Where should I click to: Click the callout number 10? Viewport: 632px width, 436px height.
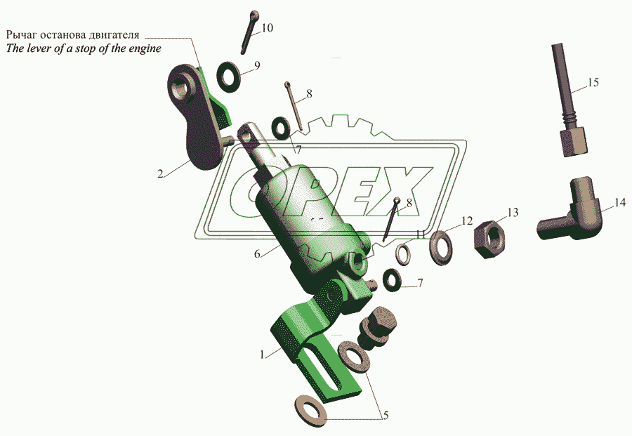(268, 28)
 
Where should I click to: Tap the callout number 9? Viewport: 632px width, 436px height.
(257, 65)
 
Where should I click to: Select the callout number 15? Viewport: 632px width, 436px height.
(593, 83)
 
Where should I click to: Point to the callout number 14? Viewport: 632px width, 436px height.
(619, 203)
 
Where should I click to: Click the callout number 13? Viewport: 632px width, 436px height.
(513, 212)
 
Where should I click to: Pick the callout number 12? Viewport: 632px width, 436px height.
(468, 221)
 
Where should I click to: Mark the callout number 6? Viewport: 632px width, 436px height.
(258, 253)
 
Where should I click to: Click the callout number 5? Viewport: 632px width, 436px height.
(384, 414)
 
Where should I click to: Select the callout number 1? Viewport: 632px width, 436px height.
(263, 355)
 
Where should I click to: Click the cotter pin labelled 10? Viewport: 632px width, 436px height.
(249, 32)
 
